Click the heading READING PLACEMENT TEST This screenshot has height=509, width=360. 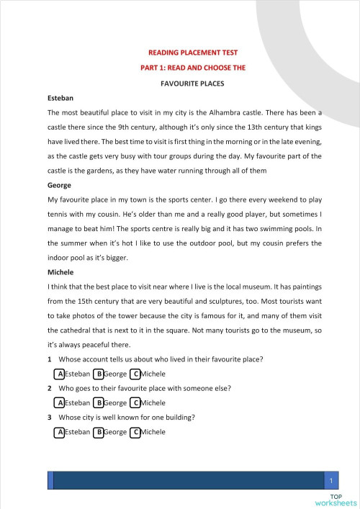click(x=192, y=53)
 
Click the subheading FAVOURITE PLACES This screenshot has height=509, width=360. click(x=192, y=83)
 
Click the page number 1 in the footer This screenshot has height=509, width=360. click(x=330, y=480)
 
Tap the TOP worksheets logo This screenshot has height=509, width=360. click(x=336, y=500)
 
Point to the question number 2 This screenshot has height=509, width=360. click(x=49, y=389)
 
